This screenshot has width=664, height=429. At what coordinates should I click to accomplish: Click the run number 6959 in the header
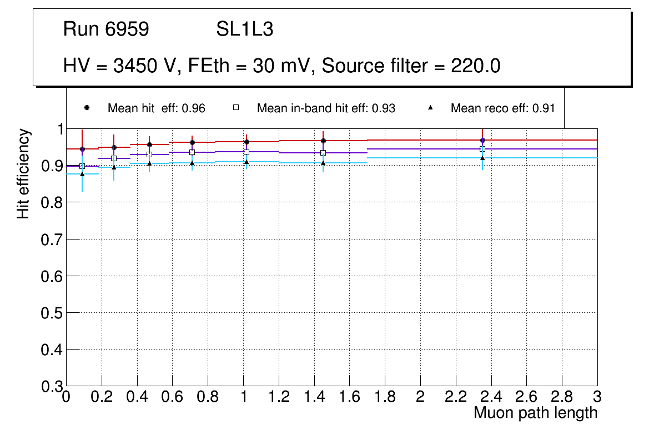tap(127, 29)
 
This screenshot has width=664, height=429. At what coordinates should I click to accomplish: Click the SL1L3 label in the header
tap(244, 29)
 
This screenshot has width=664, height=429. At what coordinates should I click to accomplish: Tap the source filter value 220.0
tap(475, 66)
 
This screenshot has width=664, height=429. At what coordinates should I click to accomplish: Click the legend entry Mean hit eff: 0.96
tap(156, 108)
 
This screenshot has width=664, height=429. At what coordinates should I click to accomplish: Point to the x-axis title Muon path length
tap(535, 413)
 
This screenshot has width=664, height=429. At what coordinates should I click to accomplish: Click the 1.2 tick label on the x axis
tap(278, 397)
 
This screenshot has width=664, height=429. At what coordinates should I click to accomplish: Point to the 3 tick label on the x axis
tap(597, 397)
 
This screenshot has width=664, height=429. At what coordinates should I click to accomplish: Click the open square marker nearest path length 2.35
tap(482, 149)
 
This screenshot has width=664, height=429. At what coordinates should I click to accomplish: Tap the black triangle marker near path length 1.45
tap(323, 163)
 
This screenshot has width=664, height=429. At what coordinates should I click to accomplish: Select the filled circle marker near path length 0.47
tap(149, 144)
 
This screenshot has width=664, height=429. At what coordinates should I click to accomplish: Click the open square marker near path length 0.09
tap(82, 166)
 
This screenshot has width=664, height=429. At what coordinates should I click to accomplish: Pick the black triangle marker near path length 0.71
tap(192, 163)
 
